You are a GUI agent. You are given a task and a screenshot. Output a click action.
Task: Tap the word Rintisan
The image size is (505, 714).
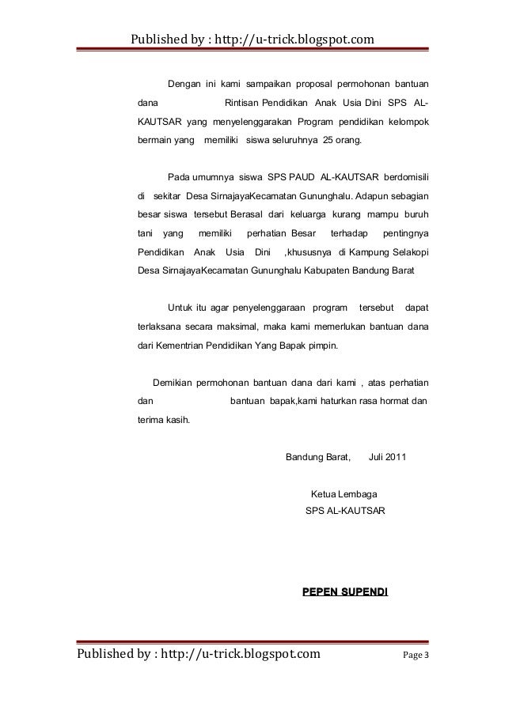click(x=244, y=103)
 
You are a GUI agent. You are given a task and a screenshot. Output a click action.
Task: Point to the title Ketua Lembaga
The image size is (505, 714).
click(x=345, y=496)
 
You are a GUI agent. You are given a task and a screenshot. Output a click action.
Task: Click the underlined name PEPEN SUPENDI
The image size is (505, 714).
click(x=345, y=591)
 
